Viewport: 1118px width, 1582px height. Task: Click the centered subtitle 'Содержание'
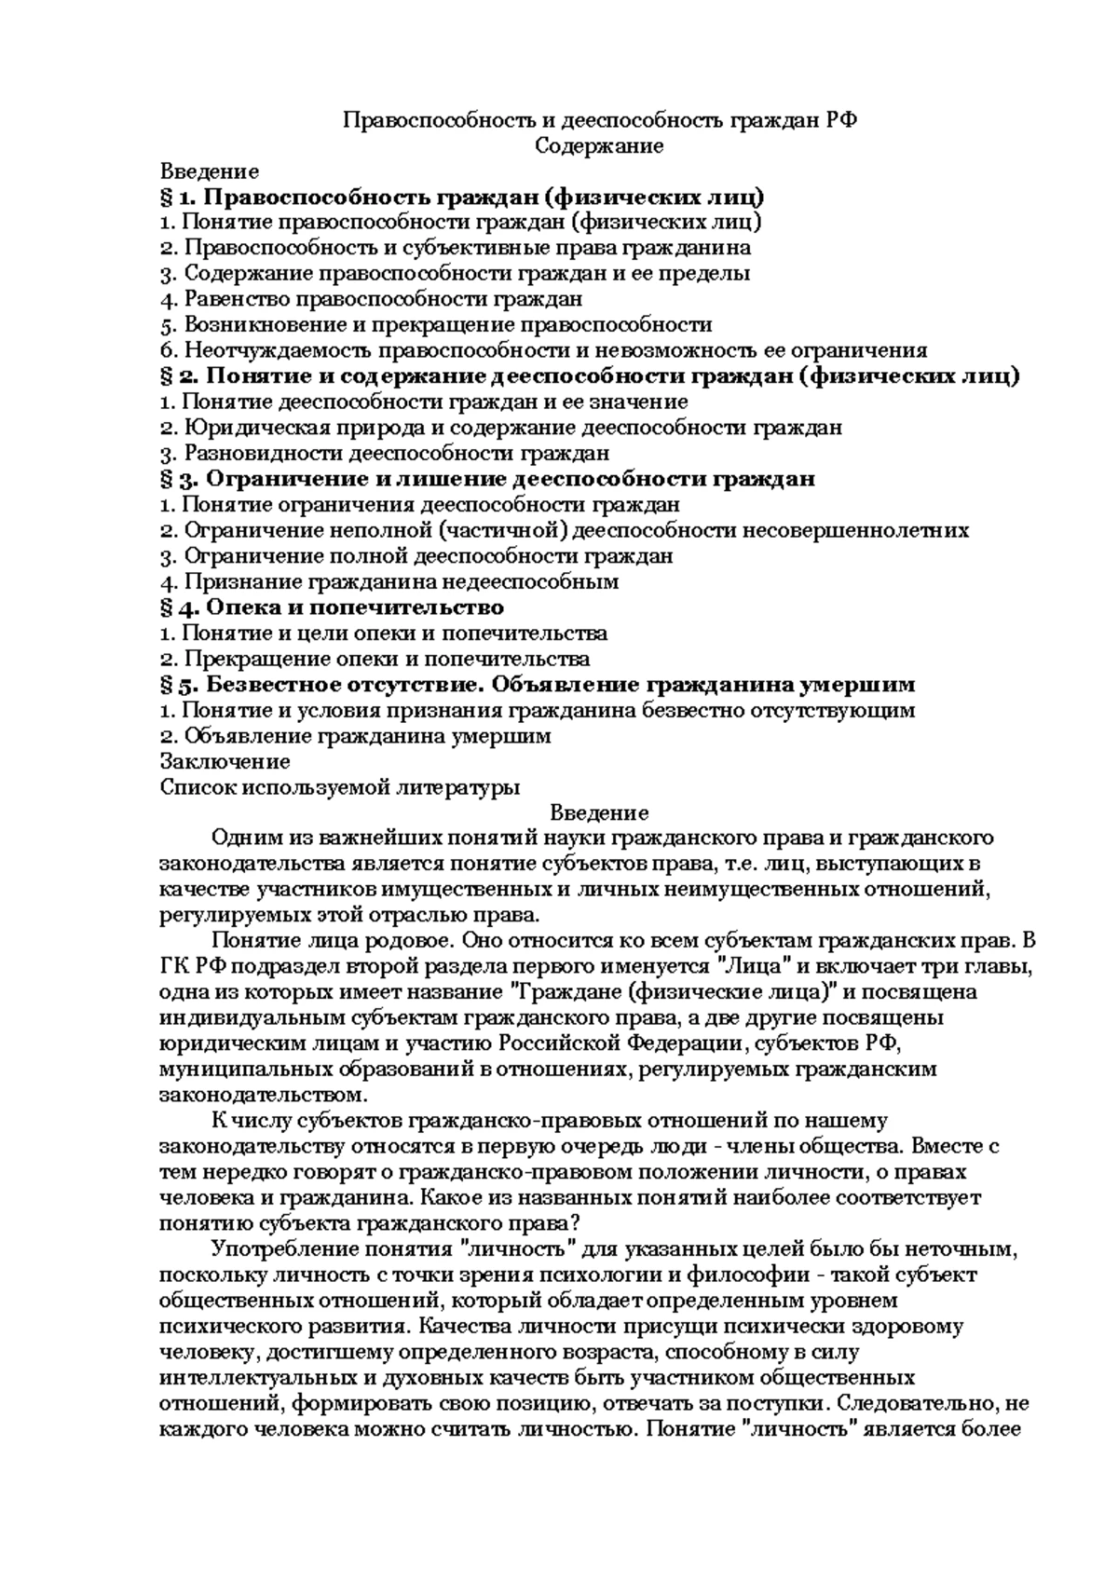point(599,146)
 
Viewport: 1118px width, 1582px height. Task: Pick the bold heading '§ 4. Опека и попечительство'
point(332,607)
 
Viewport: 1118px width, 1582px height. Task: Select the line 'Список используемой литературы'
point(339,787)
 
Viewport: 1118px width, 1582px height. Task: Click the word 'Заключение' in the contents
point(225,761)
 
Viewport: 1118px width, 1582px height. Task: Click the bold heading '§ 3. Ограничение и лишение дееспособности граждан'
point(487,479)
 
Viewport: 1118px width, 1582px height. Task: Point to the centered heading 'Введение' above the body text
point(599,812)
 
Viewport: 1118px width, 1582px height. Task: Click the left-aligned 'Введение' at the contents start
point(209,171)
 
